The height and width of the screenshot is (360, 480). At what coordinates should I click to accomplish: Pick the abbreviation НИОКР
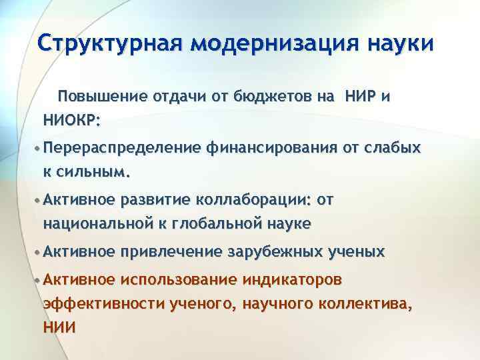tap(71, 121)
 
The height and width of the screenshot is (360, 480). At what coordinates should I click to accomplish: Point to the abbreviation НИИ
tap(59, 327)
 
